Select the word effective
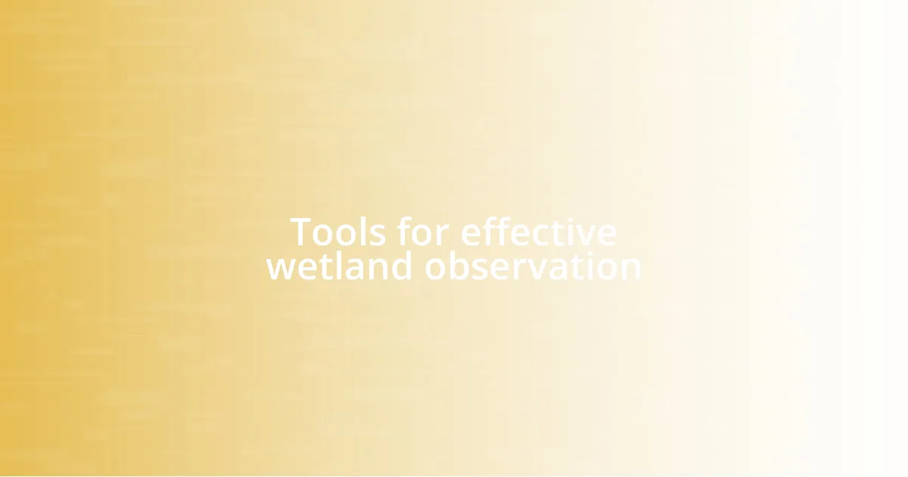(x=538, y=232)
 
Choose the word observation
(x=533, y=267)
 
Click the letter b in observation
(x=457, y=267)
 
